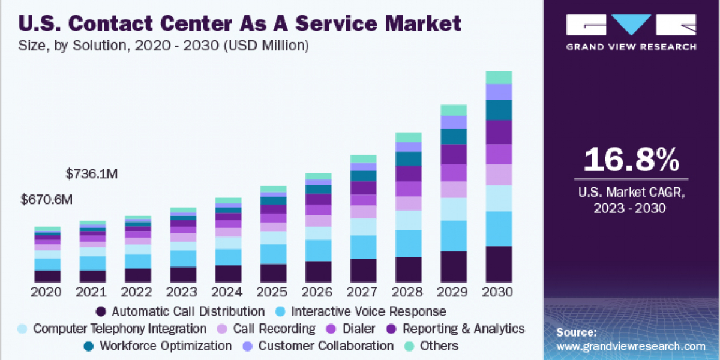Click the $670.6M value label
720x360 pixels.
point(47,200)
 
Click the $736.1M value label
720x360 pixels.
point(92,174)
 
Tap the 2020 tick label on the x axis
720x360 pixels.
point(47,292)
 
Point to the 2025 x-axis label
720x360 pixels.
point(273,292)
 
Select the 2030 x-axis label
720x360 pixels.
point(499,292)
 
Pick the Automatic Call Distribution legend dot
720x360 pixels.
point(101,311)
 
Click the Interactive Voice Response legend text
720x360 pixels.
point(368,311)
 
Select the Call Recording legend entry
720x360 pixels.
point(274,329)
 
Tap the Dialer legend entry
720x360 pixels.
point(359,329)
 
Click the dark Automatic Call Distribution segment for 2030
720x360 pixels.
point(499,264)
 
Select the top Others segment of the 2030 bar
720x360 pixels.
point(499,77)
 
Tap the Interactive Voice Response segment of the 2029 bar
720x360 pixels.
point(454,236)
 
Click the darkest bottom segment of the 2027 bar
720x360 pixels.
point(363,271)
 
